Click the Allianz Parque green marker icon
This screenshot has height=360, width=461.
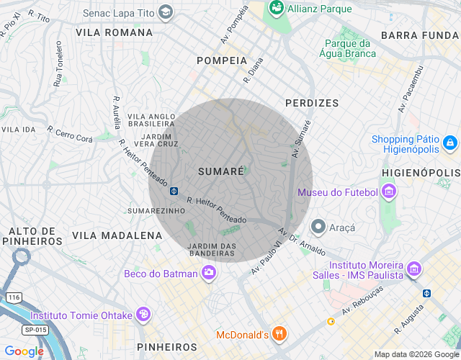click(x=275, y=8)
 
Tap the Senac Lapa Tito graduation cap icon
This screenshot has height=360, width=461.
click(x=166, y=12)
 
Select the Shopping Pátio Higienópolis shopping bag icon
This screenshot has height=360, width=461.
click(x=449, y=143)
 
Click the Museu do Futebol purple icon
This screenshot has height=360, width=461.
click(x=389, y=192)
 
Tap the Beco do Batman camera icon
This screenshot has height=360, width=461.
click(x=209, y=272)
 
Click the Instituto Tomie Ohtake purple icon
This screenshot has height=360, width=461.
click(x=143, y=315)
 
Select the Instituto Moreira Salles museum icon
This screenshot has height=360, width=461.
click(x=414, y=269)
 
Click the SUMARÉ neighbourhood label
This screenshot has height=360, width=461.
click(x=220, y=171)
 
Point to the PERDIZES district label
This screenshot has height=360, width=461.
click(x=312, y=103)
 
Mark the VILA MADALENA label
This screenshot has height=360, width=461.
click(x=117, y=235)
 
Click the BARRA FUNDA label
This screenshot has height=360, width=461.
click(x=420, y=35)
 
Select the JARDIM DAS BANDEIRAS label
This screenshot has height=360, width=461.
click(x=212, y=250)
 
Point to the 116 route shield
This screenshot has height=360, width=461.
click(x=13, y=297)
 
